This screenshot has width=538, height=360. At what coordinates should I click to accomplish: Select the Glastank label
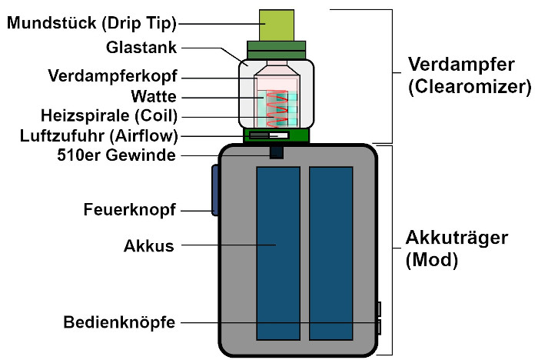pyautogui.click(x=142, y=48)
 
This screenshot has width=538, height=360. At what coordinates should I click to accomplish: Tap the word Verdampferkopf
pyautogui.click(x=112, y=77)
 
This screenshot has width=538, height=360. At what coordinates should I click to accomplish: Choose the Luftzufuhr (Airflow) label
pyautogui.click(x=98, y=136)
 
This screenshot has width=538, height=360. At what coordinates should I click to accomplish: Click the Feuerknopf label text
pyautogui.click(x=129, y=210)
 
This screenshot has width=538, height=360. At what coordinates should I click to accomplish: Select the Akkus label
pyautogui.click(x=149, y=247)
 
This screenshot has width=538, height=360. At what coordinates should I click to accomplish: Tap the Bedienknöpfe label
pyautogui.click(x=119, y=322)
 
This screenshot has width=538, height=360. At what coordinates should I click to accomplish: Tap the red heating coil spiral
pyautogui.click(x=277, y=108)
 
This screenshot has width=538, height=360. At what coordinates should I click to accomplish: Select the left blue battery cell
pyautogui.click(x=277, y=253)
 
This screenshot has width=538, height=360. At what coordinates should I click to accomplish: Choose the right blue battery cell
pyautogui.click(x=330, y=253)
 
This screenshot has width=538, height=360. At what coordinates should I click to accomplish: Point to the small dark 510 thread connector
pyautogui.click(x=277, y=153)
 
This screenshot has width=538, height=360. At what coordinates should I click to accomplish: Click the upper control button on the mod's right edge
pyautogui.click(x=379, y=309)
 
